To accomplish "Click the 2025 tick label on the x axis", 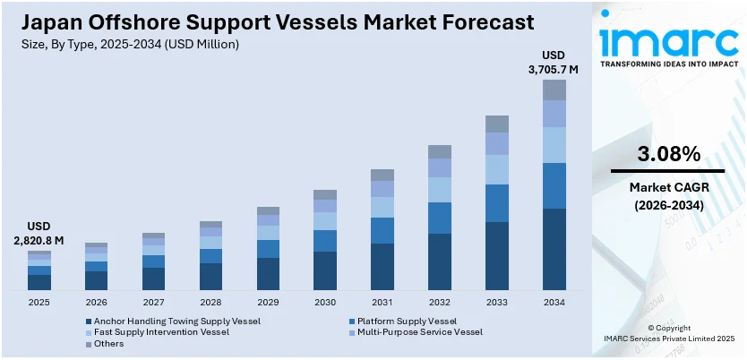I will (x=39, y=303).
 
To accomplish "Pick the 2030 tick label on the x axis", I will (x=325, y=303).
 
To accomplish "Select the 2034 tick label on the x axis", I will (x=554, y=303).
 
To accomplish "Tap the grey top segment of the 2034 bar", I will (x=554, y=90).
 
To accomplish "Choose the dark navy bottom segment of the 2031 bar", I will (x=382, y=267).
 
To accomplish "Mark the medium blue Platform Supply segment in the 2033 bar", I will (x=497, y=203).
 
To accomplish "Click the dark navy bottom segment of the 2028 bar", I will (x=210, y=277).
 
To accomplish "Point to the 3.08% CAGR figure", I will (x=667, y=154).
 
